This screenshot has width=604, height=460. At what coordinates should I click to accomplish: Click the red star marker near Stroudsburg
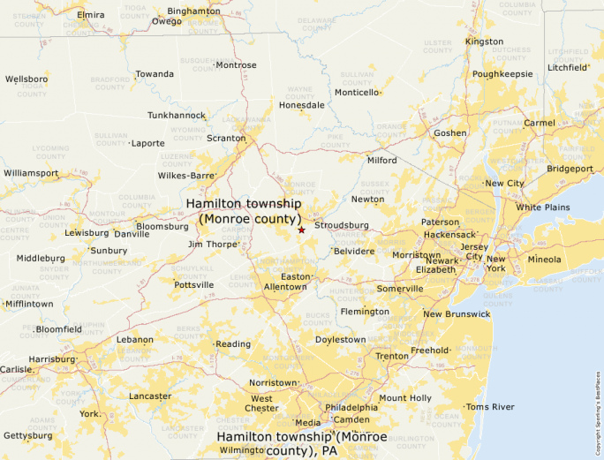point(301,230)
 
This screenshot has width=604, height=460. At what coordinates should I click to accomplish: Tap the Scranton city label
point(227,139)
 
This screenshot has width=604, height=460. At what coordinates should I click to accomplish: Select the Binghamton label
point(193,11)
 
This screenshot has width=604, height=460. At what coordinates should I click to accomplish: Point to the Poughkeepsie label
point(502,74)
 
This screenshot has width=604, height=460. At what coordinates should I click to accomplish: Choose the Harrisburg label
point(51,359)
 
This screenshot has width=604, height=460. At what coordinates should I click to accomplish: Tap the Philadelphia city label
point(352,407)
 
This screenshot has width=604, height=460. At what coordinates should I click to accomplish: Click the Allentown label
point(285,287)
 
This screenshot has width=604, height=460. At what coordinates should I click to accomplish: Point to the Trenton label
point(391,356)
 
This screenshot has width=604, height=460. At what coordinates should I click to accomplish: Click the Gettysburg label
point(27,435)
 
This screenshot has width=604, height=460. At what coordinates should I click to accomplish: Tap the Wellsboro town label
point(26,79)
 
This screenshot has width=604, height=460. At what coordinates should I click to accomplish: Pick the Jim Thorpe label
point(211,244)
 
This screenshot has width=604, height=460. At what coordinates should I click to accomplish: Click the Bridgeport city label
point(570,169)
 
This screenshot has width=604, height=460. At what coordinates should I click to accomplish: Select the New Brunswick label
point(456,314)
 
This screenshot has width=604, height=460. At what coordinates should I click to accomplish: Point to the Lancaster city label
point(150,396)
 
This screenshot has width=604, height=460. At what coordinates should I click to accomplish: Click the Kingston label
point(484,41)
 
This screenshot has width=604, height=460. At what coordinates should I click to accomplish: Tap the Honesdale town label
point(301,105)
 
